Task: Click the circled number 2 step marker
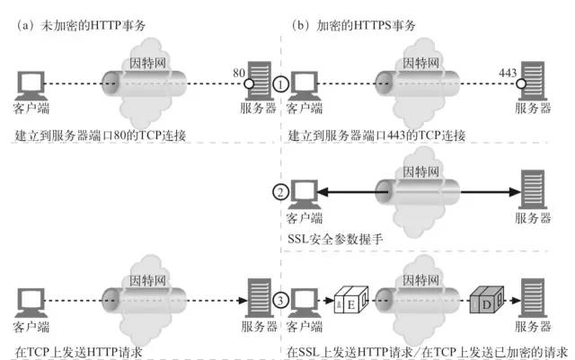[281, 190]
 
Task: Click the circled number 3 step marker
[281, 300]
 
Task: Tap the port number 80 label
[237, 68]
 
